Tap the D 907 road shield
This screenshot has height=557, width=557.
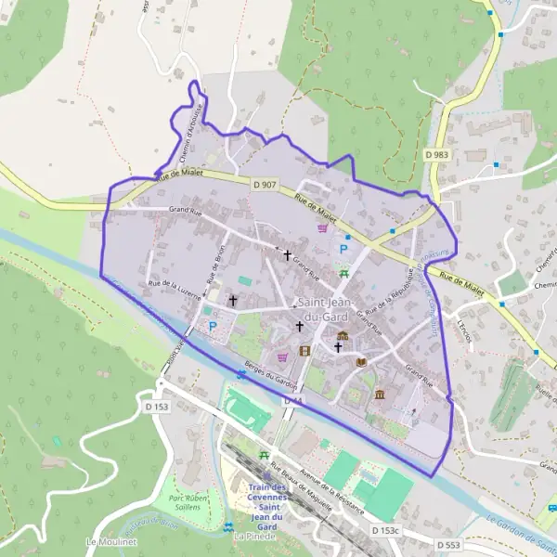265,184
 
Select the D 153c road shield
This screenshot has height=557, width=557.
385,530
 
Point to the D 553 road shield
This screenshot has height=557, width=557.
447,544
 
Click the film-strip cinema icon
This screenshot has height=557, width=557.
305,350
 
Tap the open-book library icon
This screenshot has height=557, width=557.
361,362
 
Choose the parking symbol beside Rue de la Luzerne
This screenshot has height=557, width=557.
213,326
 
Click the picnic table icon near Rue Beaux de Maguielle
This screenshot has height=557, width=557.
265,455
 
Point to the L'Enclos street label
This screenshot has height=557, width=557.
465,333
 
